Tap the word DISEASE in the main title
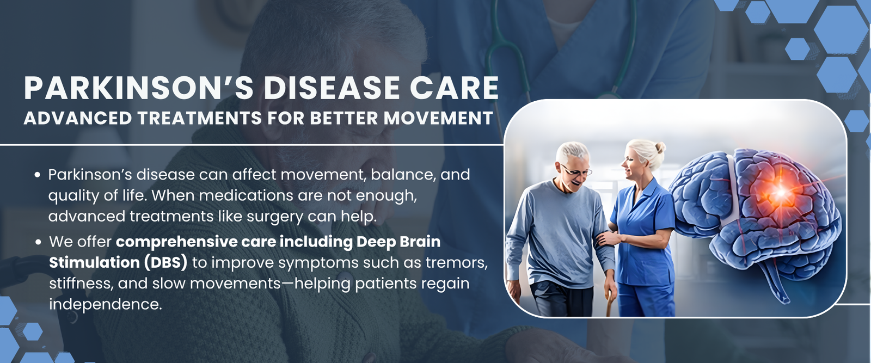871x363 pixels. tap(332, 88)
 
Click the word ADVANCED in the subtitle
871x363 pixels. tap(78, 118)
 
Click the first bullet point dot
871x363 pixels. tap(38, 175)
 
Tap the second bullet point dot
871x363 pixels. tap(38, 242)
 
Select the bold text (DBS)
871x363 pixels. tap(165, 263)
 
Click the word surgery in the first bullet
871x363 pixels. tap(275, 217)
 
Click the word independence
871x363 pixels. tap(105, 304)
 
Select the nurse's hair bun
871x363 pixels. tap(660, 147)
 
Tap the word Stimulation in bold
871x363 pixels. tap(95, 263)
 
